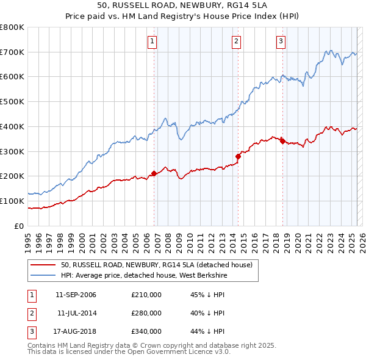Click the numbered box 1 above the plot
[152, 41]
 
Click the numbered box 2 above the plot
[236, 41]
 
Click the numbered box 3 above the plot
[281, 41]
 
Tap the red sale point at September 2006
[154, 173]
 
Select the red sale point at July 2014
[238, 156]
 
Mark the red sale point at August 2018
[282, 141]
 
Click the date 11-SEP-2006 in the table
[76, 295]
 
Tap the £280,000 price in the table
[146, 313]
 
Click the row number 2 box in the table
[30, 313]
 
